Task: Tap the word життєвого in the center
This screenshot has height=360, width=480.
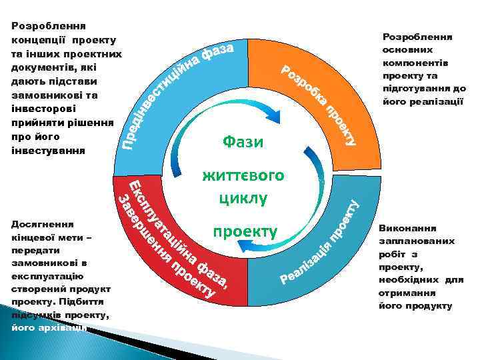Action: click(x=243, y=175)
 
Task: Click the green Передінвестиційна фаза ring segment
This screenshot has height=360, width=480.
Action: click(x=180, y=87)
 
